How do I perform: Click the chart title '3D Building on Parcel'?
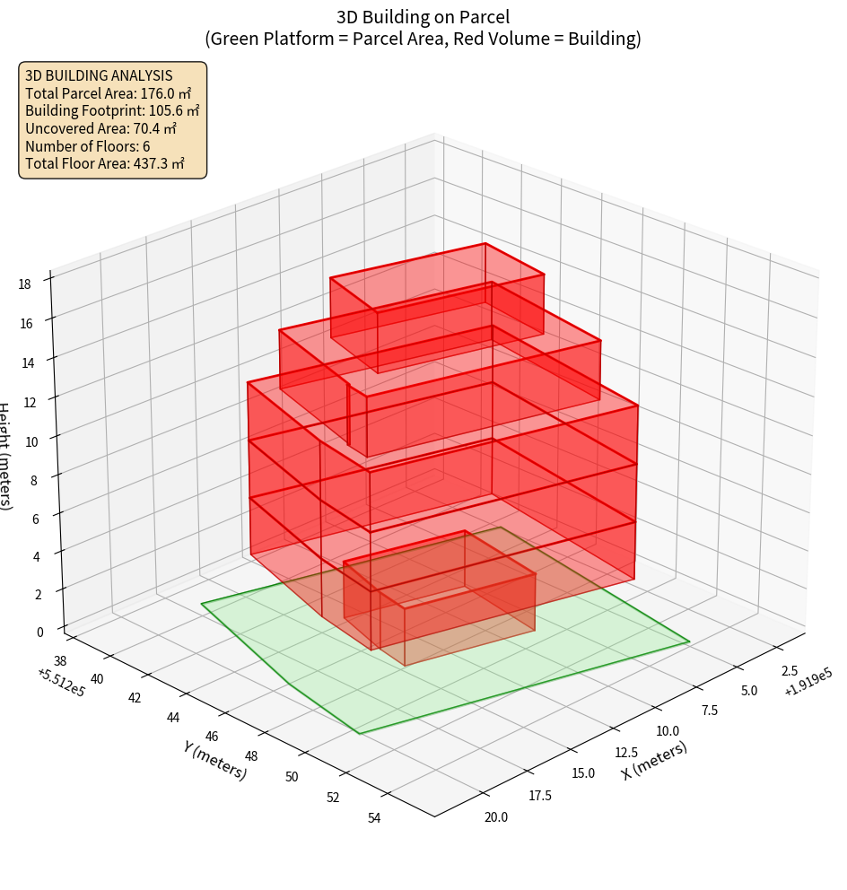click(423, 16)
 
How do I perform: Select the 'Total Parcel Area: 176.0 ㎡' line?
click(108, 93)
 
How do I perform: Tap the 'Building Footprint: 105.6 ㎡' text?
click(112, 111)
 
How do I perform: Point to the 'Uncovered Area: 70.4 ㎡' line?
click(103, 129)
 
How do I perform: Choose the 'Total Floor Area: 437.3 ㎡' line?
click(105, 164)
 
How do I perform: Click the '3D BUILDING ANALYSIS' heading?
click(99, 76)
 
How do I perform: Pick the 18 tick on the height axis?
click(24, 284)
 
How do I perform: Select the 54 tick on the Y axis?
click(375, 817)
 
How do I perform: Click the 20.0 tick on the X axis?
click(495, 816)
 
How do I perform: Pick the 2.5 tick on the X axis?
click(790, 671)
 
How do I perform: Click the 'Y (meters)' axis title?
click(214, 758)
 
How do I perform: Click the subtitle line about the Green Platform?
click(423, 39)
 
